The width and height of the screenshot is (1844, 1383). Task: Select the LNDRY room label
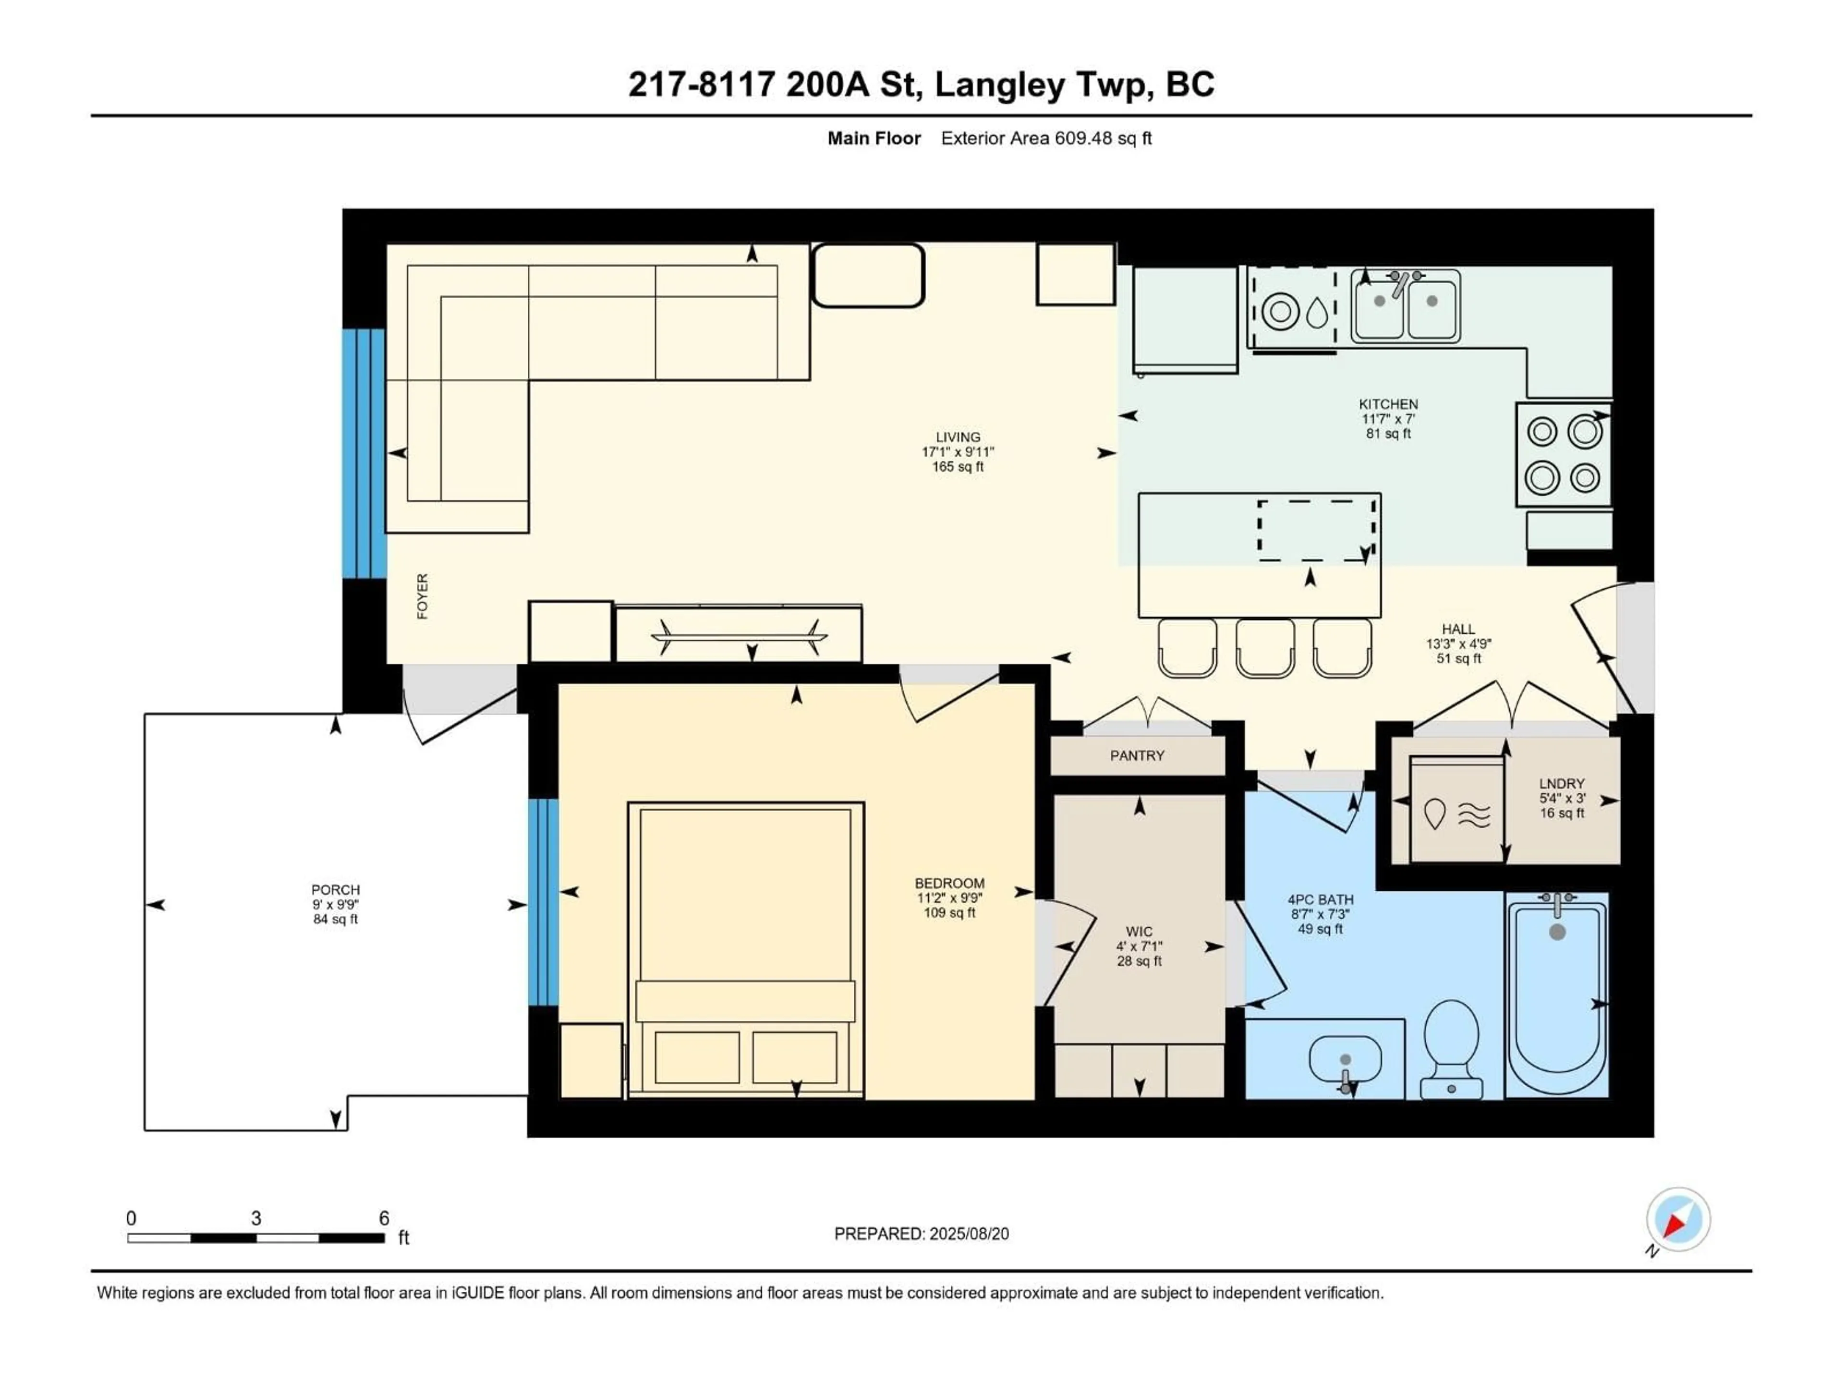point(1562,784)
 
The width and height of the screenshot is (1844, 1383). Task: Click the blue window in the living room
point(364,453)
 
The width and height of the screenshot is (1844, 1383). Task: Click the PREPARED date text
point(921,1234)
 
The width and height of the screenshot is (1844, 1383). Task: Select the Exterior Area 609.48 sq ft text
point(1046,138)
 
